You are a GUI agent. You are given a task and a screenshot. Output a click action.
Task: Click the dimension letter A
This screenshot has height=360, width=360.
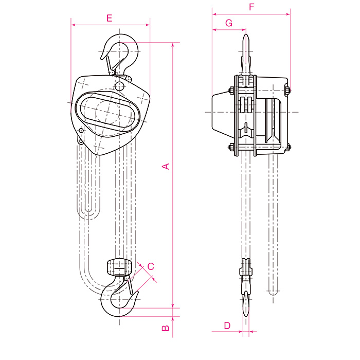(x=166, y=166)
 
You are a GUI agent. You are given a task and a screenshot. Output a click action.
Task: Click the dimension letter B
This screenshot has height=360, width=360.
(x=166, y=328)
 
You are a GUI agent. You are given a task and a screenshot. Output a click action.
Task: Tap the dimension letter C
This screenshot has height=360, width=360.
(x=151, y=266)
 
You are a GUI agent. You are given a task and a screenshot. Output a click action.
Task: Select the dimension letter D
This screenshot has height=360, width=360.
(x=227, y=326)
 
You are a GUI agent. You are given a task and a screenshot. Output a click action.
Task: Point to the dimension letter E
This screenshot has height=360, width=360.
(x=109, y=18)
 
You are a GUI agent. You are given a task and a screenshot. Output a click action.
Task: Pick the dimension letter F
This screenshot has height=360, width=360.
(x=251, y=7)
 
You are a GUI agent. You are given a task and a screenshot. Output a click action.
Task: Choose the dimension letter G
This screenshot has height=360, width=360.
(x=229, y=23)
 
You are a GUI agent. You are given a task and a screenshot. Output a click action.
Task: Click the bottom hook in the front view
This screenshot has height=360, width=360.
(x=119, y=296)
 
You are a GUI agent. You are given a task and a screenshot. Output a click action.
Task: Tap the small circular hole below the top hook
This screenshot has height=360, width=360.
(x=119, y=86)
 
